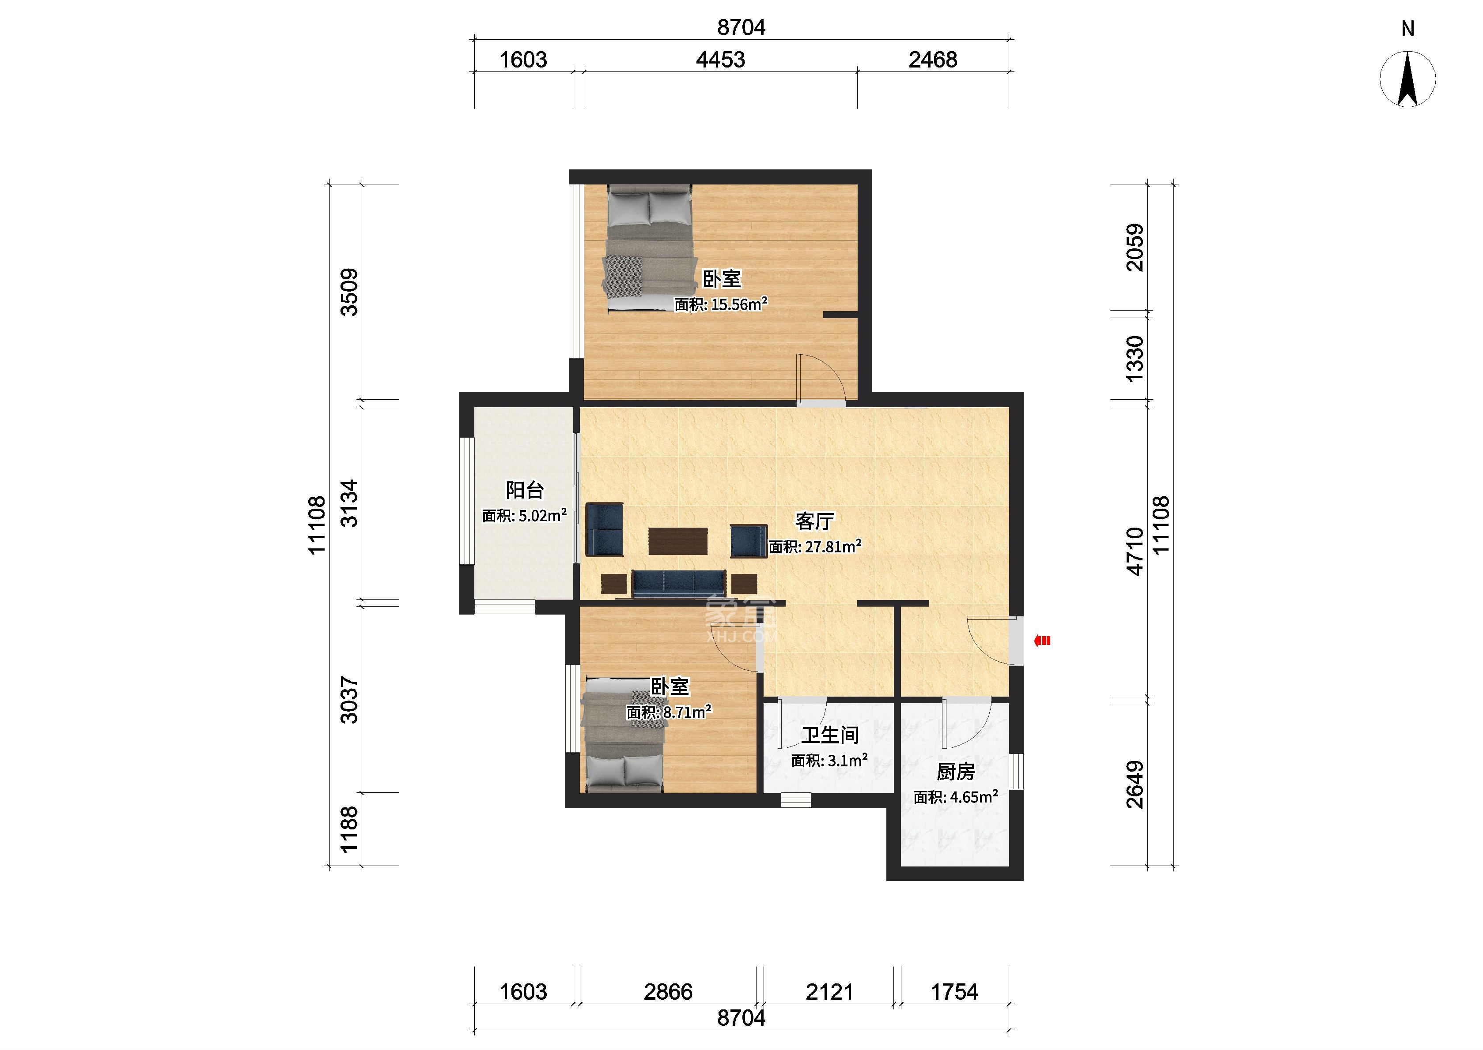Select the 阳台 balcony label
524,490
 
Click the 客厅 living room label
814,521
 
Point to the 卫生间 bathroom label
830,735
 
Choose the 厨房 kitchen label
955,771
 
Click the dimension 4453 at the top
720,60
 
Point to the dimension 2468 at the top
932,60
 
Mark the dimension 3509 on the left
349,292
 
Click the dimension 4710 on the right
1135,551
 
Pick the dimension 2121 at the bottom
829,991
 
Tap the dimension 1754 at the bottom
954,991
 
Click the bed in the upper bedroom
649,249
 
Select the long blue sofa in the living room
679,583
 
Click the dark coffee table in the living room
678,542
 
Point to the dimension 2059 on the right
1135,247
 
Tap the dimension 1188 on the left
349,829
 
